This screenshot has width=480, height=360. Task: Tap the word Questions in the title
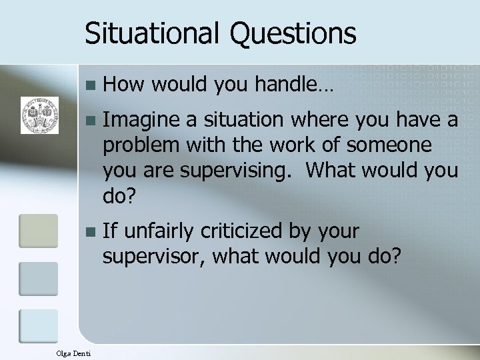[291, 33]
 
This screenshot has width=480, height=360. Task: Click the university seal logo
[39, 113]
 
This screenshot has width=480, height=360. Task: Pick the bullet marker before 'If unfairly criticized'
[91, 233]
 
